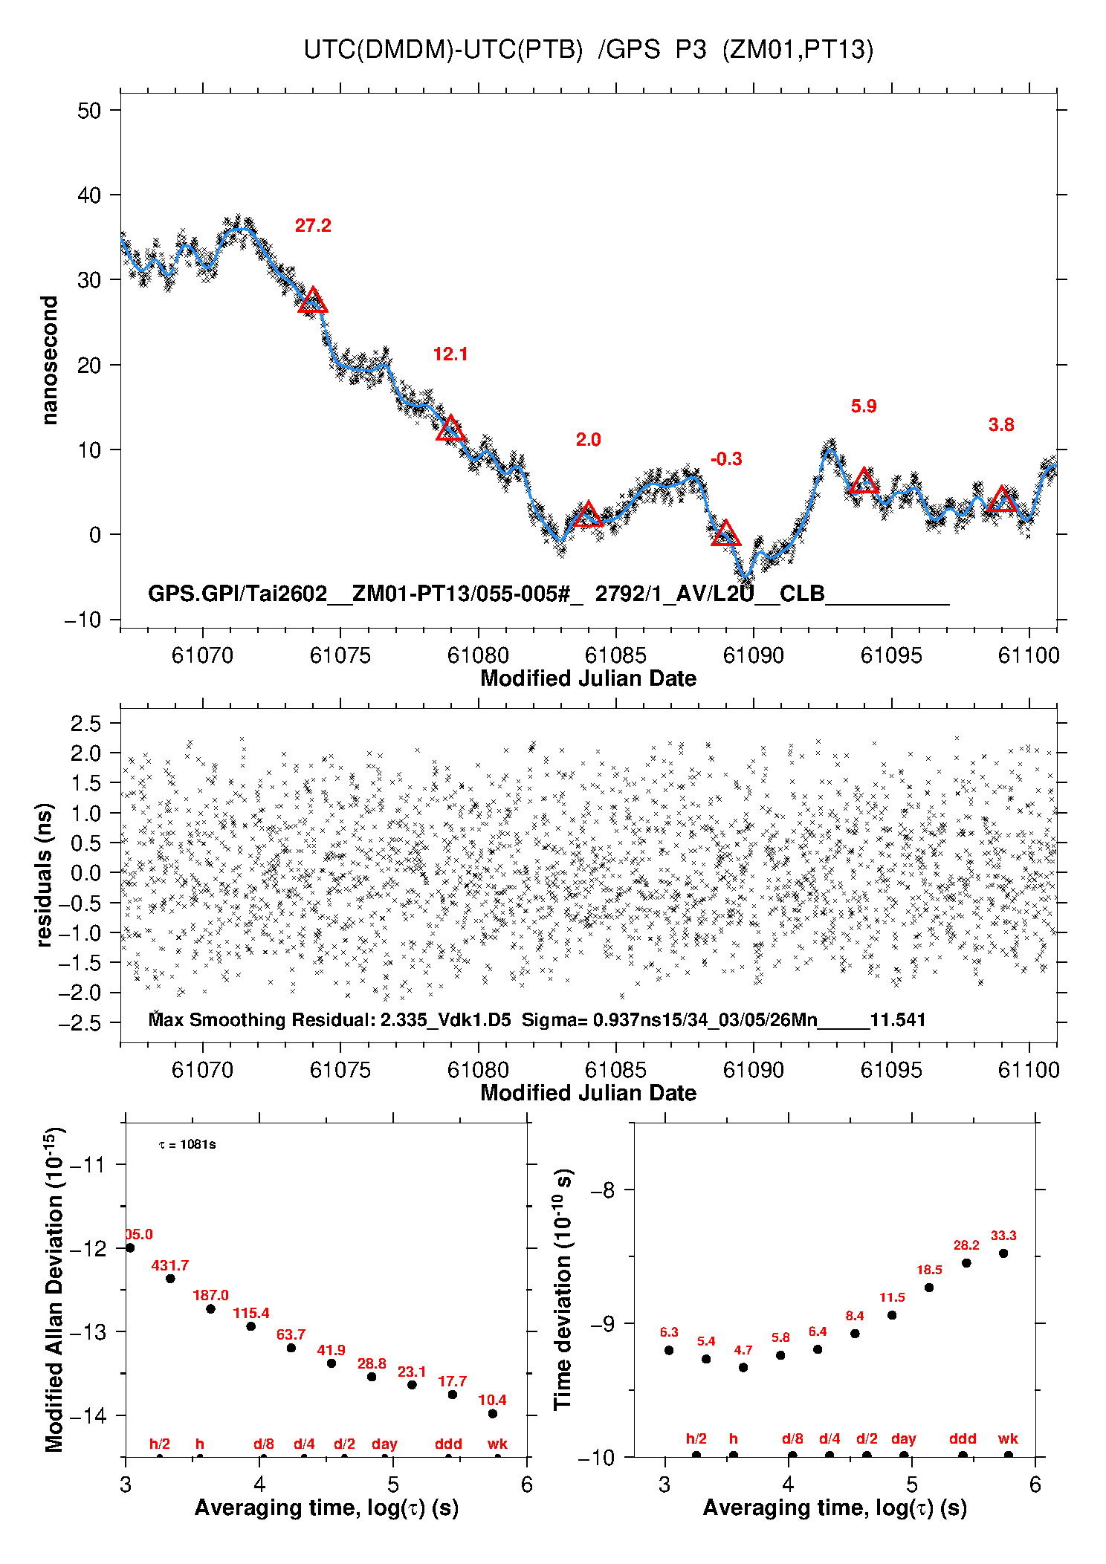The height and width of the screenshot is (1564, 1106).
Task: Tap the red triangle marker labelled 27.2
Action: point(313,301)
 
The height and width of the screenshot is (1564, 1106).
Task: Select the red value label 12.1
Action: point(450,354)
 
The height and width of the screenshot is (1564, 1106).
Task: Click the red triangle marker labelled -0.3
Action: point(725,534)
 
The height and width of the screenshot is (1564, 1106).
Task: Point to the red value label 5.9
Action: point(864,406)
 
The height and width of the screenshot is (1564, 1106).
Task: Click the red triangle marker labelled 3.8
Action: point(1002,501)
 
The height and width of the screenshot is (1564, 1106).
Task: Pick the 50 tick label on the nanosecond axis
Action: point(89,111)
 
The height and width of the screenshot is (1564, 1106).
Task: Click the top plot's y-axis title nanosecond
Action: point(50,360)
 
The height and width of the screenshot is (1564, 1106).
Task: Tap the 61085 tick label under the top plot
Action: point(615,655)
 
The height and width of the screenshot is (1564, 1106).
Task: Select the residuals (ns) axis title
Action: point(45,875)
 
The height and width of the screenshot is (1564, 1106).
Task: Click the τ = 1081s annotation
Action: point(187,1144)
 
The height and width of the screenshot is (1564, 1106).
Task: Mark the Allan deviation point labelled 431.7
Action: point(170,1279)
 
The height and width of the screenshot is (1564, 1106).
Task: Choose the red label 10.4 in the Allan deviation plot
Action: point(492,1400)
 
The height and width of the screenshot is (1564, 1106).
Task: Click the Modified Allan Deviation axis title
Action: point(54,1289)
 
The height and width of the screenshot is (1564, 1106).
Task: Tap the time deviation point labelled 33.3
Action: point(1003,1253)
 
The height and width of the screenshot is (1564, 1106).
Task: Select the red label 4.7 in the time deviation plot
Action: point(743,1350)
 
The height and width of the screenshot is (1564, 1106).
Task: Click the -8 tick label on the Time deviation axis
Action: point(603,1190)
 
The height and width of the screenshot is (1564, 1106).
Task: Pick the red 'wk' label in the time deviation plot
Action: point(1008,1438)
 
